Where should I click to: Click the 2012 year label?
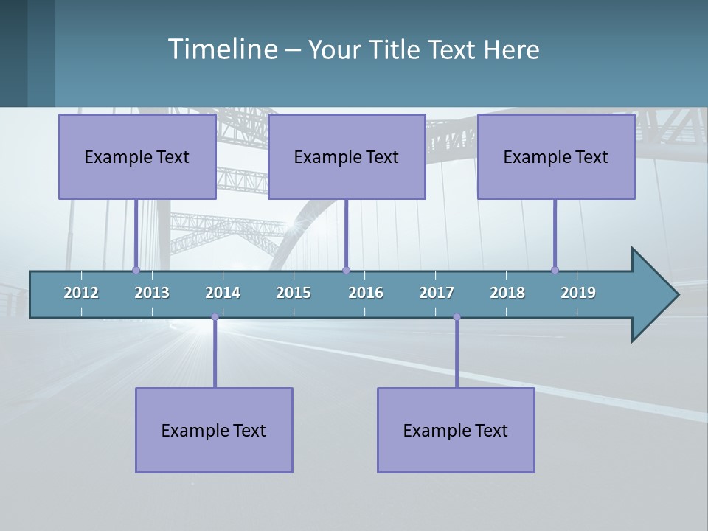[81, 293]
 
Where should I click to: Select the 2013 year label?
[152, 293]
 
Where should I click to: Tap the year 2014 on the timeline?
[223, 293]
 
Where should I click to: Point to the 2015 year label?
[294, 293]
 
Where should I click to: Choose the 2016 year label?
[366, 293]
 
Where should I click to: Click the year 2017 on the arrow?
[437, 293]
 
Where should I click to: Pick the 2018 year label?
[507, 293]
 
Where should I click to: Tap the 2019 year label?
[578, 293]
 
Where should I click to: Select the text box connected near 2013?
[137, 156]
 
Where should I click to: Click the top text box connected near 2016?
[347, 156]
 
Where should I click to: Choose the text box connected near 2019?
[556, 156]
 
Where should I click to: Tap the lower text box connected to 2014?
[214, 430]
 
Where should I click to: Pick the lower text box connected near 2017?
[456, 430]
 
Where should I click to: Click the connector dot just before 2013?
[136, 270]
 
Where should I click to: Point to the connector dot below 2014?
[215, 317]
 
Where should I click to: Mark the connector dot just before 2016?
[346, 270]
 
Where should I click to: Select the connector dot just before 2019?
[555, 270]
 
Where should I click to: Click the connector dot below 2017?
[457, 317]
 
